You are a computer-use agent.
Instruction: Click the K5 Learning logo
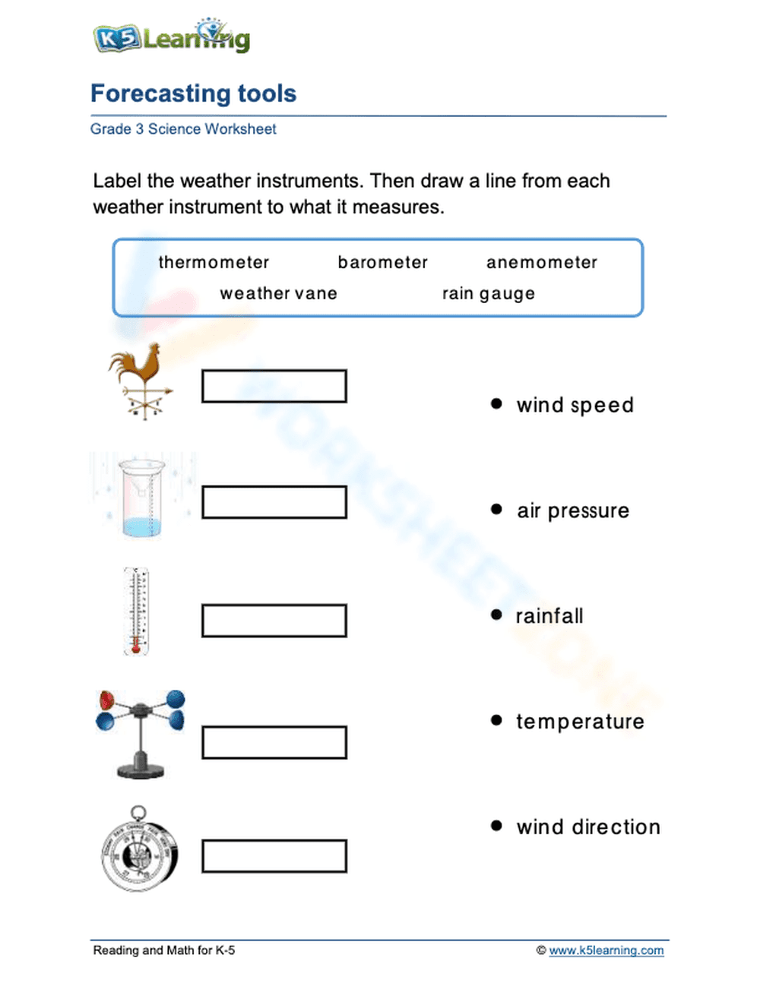pyautogui.click(x=171, y=36)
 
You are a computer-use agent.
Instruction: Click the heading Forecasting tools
pyautogui.click(x=193, y=93)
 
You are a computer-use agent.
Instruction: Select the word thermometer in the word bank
pyautogui.click(x=214, y=262)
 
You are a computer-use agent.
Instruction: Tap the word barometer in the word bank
pyautogui.click(x=382, y=262)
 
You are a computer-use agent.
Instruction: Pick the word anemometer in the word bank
pyautogui.click(x=541, y=262)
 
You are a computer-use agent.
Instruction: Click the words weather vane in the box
pyautogui.click(x=278, y=293)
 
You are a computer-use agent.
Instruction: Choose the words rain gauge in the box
pyautogui.click(x=488, y=293)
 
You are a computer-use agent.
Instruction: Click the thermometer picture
pyautogui.click(x=137, y=612)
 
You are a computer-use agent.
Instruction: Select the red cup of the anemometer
pyautogui.click(x=107, y=700)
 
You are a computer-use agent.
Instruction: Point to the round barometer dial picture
pyautogui.click(x=139, y=851)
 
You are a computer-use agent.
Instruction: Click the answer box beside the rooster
pyautogui.click(x=274, y=386)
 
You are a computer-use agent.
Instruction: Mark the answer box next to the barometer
pyautogui.click(x=274, y=856)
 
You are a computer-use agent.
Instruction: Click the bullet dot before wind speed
pyautogui.click(x=496, y=403)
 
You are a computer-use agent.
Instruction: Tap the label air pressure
pyautogui.click(x=573, y=510)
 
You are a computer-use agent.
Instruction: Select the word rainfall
pyautogui.click(x=549, y=616)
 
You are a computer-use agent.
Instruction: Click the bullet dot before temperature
pyautogui.click(x=496, y=719)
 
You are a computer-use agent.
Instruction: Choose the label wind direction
pyautogui.click(x=588, y=827)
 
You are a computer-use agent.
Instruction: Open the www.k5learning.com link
pyautogui.click(x=606, y=950)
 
